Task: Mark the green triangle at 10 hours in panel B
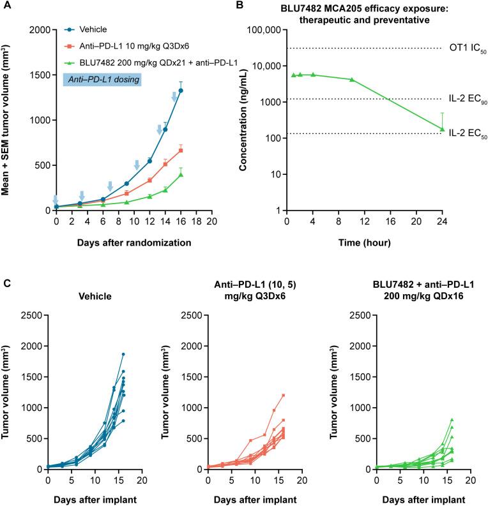pyautogui.click(x=351, y=80)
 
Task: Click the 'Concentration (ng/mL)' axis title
pyautogui.click(x=243, y=120)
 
